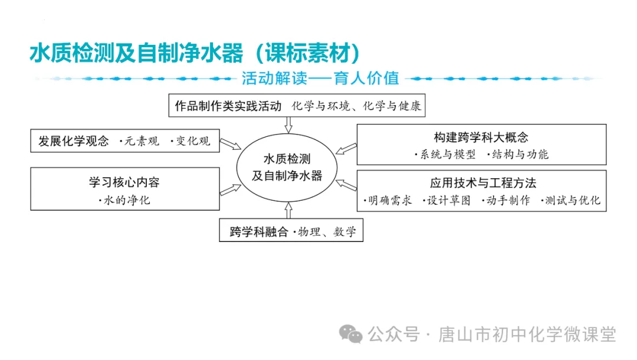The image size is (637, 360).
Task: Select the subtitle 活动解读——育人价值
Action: [320, 78]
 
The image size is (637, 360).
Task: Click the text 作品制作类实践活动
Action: [228, 106]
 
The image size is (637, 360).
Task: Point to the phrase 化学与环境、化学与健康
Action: [356, 106]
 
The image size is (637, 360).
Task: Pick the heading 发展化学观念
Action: [74, 141]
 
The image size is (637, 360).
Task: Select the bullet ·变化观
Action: [190, 141]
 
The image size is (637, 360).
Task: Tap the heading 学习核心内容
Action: [124, 182]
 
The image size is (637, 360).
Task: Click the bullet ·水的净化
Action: [124, 200]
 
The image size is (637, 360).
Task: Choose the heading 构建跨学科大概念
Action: [481, 137]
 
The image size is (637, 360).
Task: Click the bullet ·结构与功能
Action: [518, 155]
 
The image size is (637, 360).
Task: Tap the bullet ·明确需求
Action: [388, 200]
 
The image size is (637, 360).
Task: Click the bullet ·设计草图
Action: [447, 200]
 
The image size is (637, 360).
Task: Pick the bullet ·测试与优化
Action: [570, 200]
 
